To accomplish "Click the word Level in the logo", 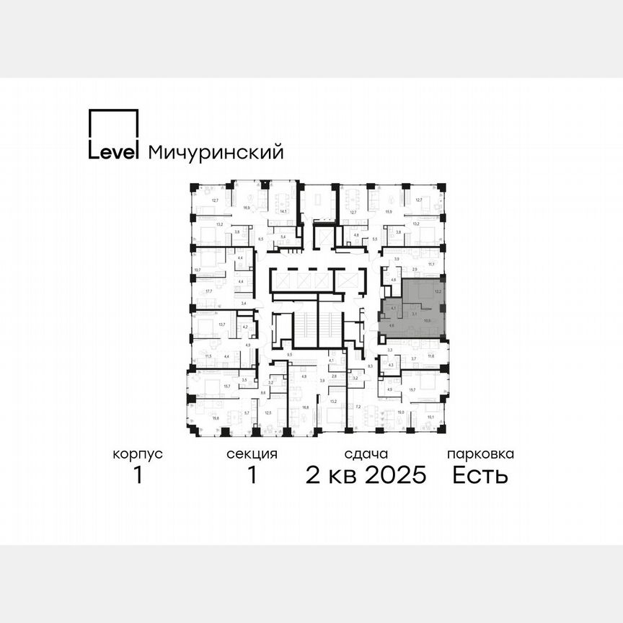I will [113, 152].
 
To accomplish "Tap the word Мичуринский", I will [215, 153].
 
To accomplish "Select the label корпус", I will [138, 454].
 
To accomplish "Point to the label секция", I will [252, 454].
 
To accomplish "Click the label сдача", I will [366, 454].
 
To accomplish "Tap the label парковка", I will [480, 454].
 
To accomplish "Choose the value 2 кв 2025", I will [366, 475].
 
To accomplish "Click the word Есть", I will [480, 475].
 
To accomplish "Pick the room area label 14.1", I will [284, 211].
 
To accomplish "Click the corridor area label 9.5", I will [289, 355].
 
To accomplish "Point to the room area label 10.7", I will [197, 270].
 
